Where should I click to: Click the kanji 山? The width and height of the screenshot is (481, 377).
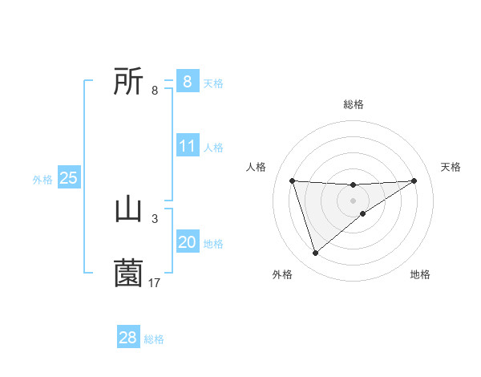click(128, 210)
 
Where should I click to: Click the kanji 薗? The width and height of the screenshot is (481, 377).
click(128, 274)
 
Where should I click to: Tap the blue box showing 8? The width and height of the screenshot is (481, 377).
click(187, 81)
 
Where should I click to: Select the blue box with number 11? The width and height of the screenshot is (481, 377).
click(188, 146)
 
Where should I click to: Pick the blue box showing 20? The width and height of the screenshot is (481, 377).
click(188, 242)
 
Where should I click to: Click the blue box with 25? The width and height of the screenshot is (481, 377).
click(68, 178)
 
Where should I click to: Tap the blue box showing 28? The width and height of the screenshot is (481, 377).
click(128, 338)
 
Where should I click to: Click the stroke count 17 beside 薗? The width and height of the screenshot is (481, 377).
click(155, 282)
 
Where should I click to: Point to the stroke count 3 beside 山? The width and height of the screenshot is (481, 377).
click(155, 218)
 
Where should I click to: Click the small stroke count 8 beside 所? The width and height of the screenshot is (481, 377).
click(155, 90)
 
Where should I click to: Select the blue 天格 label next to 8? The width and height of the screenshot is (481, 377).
click(213, 83)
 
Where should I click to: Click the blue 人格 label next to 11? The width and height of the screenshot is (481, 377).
click(213, 148)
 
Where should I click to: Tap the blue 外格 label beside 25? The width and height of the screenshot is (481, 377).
click(42, 180)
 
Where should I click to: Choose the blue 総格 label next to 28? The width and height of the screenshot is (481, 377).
click(154, 339)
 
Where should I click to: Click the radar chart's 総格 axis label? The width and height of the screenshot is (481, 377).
click(353, 104)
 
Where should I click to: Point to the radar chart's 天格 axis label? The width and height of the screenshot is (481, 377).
click(451, 167)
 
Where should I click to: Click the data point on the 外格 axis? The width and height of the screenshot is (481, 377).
click(315, 253)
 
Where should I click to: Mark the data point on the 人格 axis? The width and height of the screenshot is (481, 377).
click(292, 180)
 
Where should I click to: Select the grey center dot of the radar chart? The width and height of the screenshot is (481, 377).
click(353, 201)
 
